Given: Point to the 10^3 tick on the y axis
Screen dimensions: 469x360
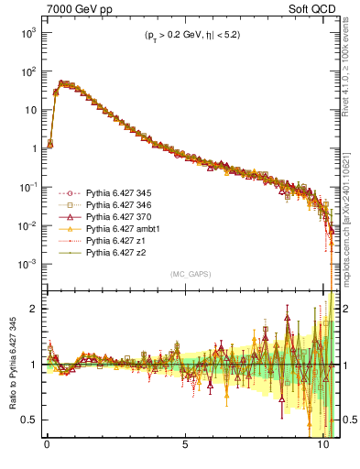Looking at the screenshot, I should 26,32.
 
